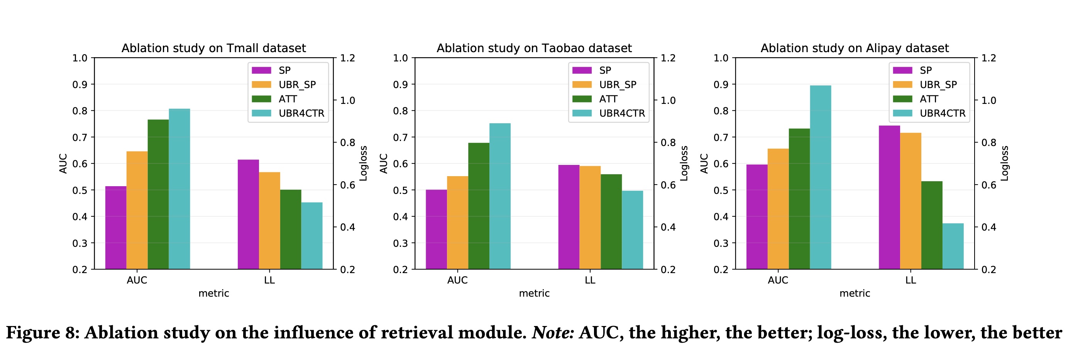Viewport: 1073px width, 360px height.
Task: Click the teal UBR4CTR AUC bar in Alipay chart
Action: tap(820, 177)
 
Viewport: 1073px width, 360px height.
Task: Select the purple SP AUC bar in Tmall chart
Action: tap(116, 228)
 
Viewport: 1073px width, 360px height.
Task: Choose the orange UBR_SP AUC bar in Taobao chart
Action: tap(457, 222)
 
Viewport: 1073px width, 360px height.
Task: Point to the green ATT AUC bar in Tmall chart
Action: tap(158, 194)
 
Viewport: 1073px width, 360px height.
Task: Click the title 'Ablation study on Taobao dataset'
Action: tap(534, 48)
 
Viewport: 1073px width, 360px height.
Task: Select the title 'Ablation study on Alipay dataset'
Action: tap(855, 48)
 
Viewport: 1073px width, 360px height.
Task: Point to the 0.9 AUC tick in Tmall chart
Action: tap(80, 85)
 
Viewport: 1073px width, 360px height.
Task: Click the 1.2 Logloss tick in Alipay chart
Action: tap(988, 58)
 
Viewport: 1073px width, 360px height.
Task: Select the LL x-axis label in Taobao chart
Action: tap(590, 280)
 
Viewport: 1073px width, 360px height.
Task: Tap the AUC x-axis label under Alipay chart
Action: tap(778, 280)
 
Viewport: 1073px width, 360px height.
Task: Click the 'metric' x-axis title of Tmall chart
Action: tap(214, 293)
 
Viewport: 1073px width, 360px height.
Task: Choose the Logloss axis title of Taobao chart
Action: tap(684, 163)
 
